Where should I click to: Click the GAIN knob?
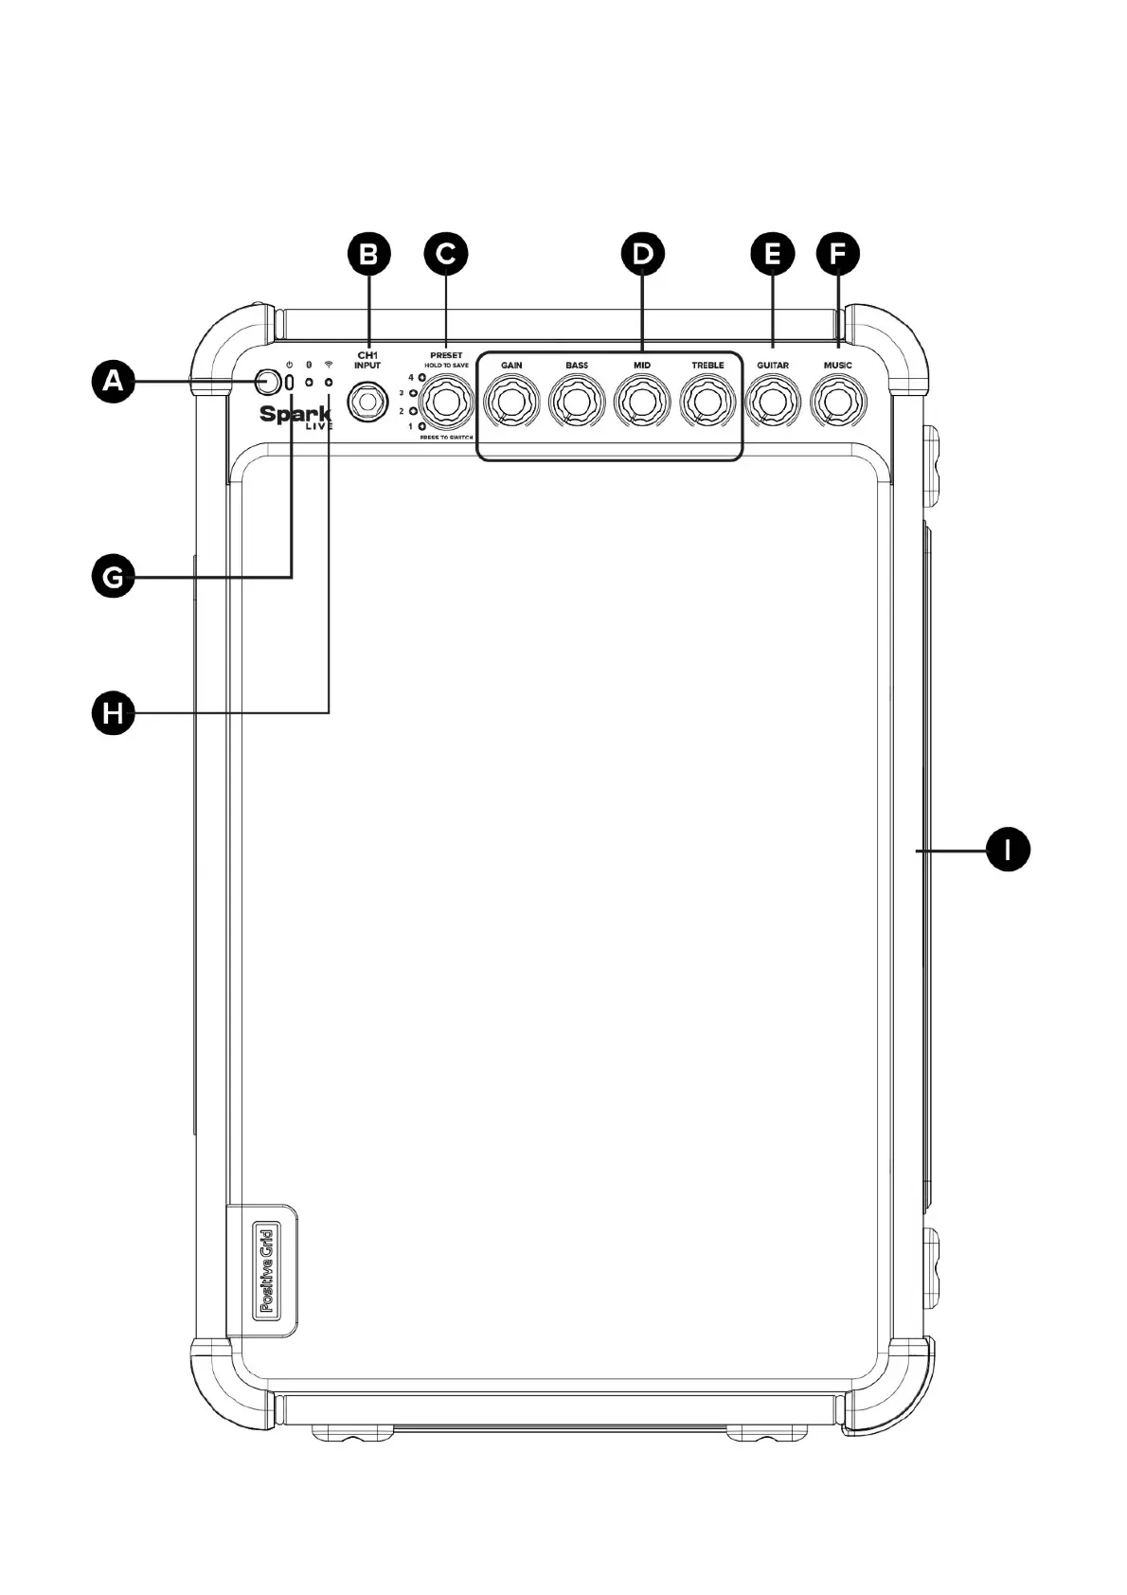pyautogui.click(x=511, y=403)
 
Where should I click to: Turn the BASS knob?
pyautogui.click(x=577, y=403)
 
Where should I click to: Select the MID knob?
pyautogui.click(x=642, y=403)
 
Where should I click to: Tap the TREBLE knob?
pyautogui.click(x=707, y=403)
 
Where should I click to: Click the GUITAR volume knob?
pyautogui.click(x=773, y=403)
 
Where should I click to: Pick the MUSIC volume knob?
pyautogui.click(x=838, y=403)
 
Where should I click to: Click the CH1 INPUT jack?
pyautogui.click(x=367, y=403)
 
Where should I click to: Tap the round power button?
pyautogui.click(x=268, y=382)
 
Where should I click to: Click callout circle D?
pyautogui.click(x=643, y=253)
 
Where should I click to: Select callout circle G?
pyautogui.click(x=113, y=576)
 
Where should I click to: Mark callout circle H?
pyautogui.click(x=113, y=711)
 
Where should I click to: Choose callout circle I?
pyautogui.click(x=1008, y=850)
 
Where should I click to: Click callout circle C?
pyautogui.click(x=446, y=253)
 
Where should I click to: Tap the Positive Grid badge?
pyautogui.click(x=266, y=1269)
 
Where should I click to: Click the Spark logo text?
pyautogui.click(x=295, y=414)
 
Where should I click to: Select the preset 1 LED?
pyautogui.click(x=421, y=427)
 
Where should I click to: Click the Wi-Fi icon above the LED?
pyautogui.click(x=329, y=364)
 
